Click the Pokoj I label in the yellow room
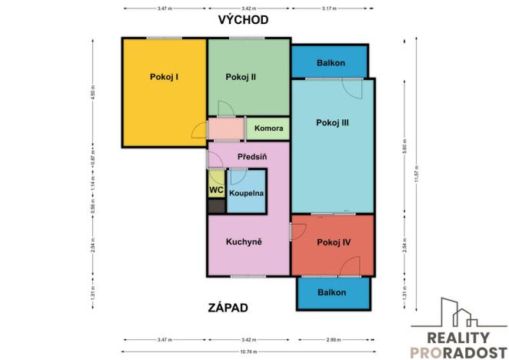pos(164,76)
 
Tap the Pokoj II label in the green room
pos(241,76)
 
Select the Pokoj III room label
pos(332,122)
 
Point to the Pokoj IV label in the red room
pos(333,242)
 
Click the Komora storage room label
pos(268,128)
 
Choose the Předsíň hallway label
pos(251,157)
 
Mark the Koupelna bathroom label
pos(246,193)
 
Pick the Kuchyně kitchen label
pos(244,242)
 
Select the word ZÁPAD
pos(228,308)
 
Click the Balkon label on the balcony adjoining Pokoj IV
pos(331,292)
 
